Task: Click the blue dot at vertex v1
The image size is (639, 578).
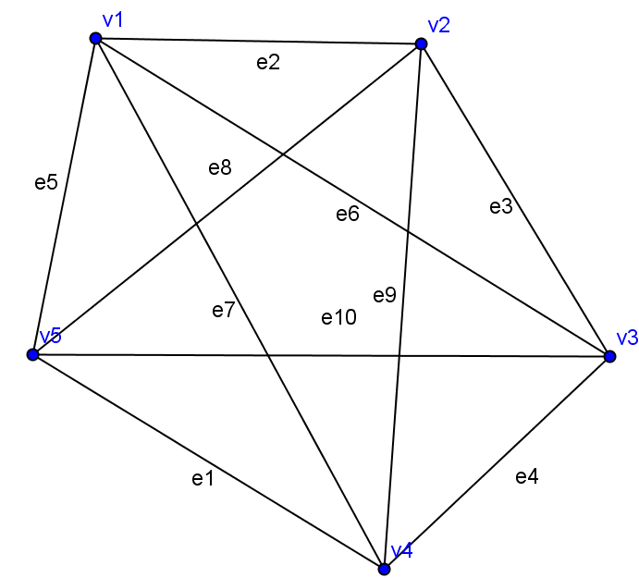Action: pos(95,38)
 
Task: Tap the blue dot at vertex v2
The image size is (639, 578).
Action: pos(421,43)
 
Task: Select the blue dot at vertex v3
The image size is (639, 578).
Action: pos(609,356)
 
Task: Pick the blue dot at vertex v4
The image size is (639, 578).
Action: pos(385,569)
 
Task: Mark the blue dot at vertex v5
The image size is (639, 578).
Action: pos(33,355)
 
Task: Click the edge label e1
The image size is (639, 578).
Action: pos(203,478)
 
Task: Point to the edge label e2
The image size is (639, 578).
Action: pos(267,63)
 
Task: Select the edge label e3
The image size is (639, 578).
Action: pos(500,207)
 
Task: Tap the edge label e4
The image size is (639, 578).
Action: pos(526,477)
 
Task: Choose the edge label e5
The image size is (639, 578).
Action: pos(46,182)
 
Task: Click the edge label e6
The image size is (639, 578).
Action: pos(347,215)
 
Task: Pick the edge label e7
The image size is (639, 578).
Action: pos(223,310)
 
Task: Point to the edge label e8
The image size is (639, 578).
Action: pos(219,167)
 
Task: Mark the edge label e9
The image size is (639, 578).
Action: pos(385,295)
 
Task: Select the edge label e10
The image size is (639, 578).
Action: pos(338,318)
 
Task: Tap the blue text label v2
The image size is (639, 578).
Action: pos(438,24)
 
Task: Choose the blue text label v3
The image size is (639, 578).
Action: pos(627,338)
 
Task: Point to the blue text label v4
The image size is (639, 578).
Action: pos(401,551)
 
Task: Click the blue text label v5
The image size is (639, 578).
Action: pos(50,336)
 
